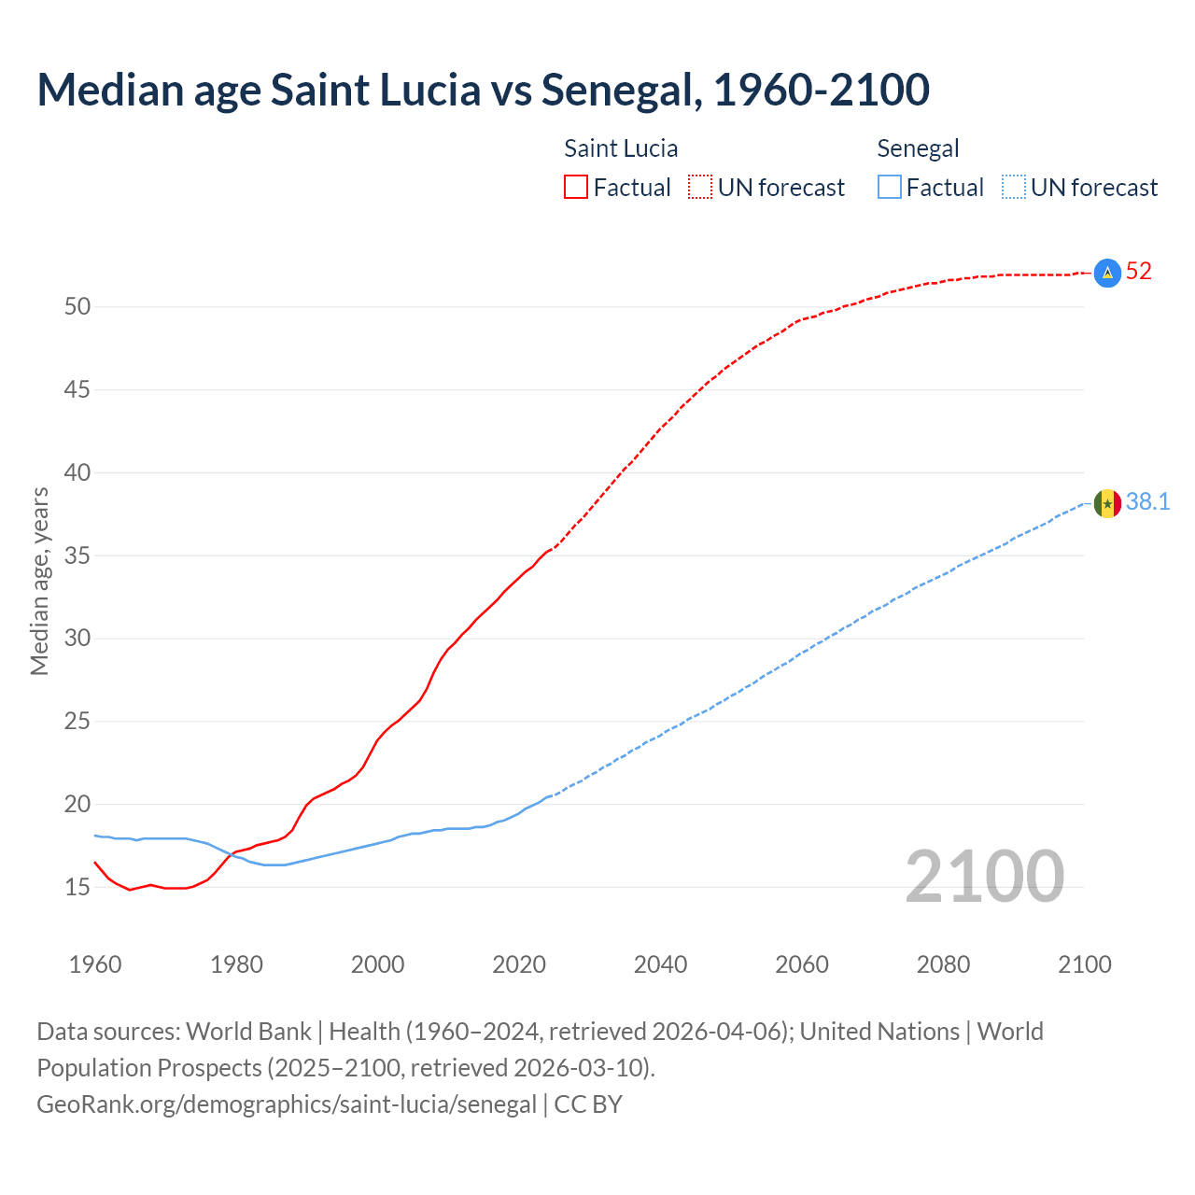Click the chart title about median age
[483, 90]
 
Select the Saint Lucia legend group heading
[621, 148]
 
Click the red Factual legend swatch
[576, 188]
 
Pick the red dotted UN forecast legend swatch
[700, 188]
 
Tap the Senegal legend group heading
[918, 148]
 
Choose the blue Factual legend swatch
[890, 188]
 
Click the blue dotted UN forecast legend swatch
[1013, 188]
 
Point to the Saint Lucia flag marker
[1107, 273]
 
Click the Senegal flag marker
[1107, 503]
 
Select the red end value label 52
[1139, 272]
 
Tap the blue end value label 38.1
[1147, 502]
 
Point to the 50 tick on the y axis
[77, 306]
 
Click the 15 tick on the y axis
[77, 887]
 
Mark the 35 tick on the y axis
[77, 555]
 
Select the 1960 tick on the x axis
[95, 964]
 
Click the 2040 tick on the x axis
[660, 964]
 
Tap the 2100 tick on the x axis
[1084, 964]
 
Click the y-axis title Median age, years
[39, 581]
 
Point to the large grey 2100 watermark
[984, 876]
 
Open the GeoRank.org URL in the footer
[287, 1104]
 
